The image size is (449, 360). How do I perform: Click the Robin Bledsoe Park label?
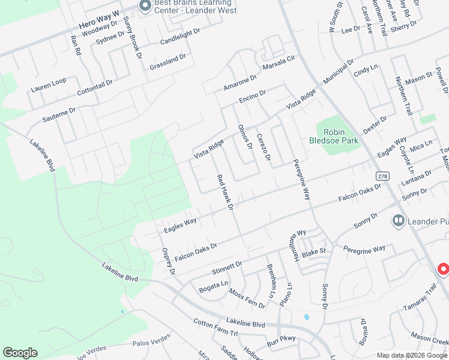[342, 136]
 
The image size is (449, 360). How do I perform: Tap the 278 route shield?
[382, 176]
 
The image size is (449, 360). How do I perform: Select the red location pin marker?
[444, 269]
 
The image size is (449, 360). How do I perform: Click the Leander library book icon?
[397, 221]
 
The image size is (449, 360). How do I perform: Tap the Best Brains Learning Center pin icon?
[144, 6]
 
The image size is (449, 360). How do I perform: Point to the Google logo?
[20, 353]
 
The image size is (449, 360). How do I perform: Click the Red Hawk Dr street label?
[224, 192]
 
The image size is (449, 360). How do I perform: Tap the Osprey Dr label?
[167, 262]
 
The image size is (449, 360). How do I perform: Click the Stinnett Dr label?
[227, 263]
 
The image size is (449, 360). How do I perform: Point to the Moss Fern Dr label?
[247, 298]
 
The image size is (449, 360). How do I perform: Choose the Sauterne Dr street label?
[59, 115]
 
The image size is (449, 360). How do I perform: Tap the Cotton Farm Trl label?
[216, 327]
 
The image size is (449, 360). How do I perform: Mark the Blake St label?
[313, 251]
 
